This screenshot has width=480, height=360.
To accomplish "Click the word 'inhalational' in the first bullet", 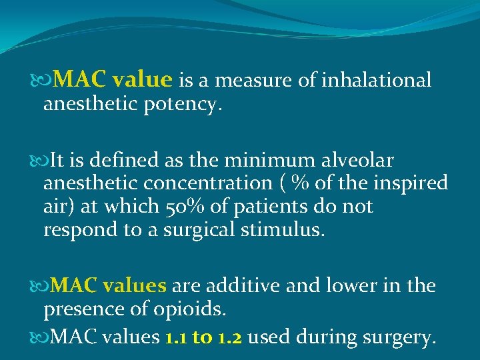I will pyautogui.click(x=377, y=81).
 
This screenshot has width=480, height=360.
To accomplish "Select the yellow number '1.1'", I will pyautogui.click(x=175, y=337).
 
